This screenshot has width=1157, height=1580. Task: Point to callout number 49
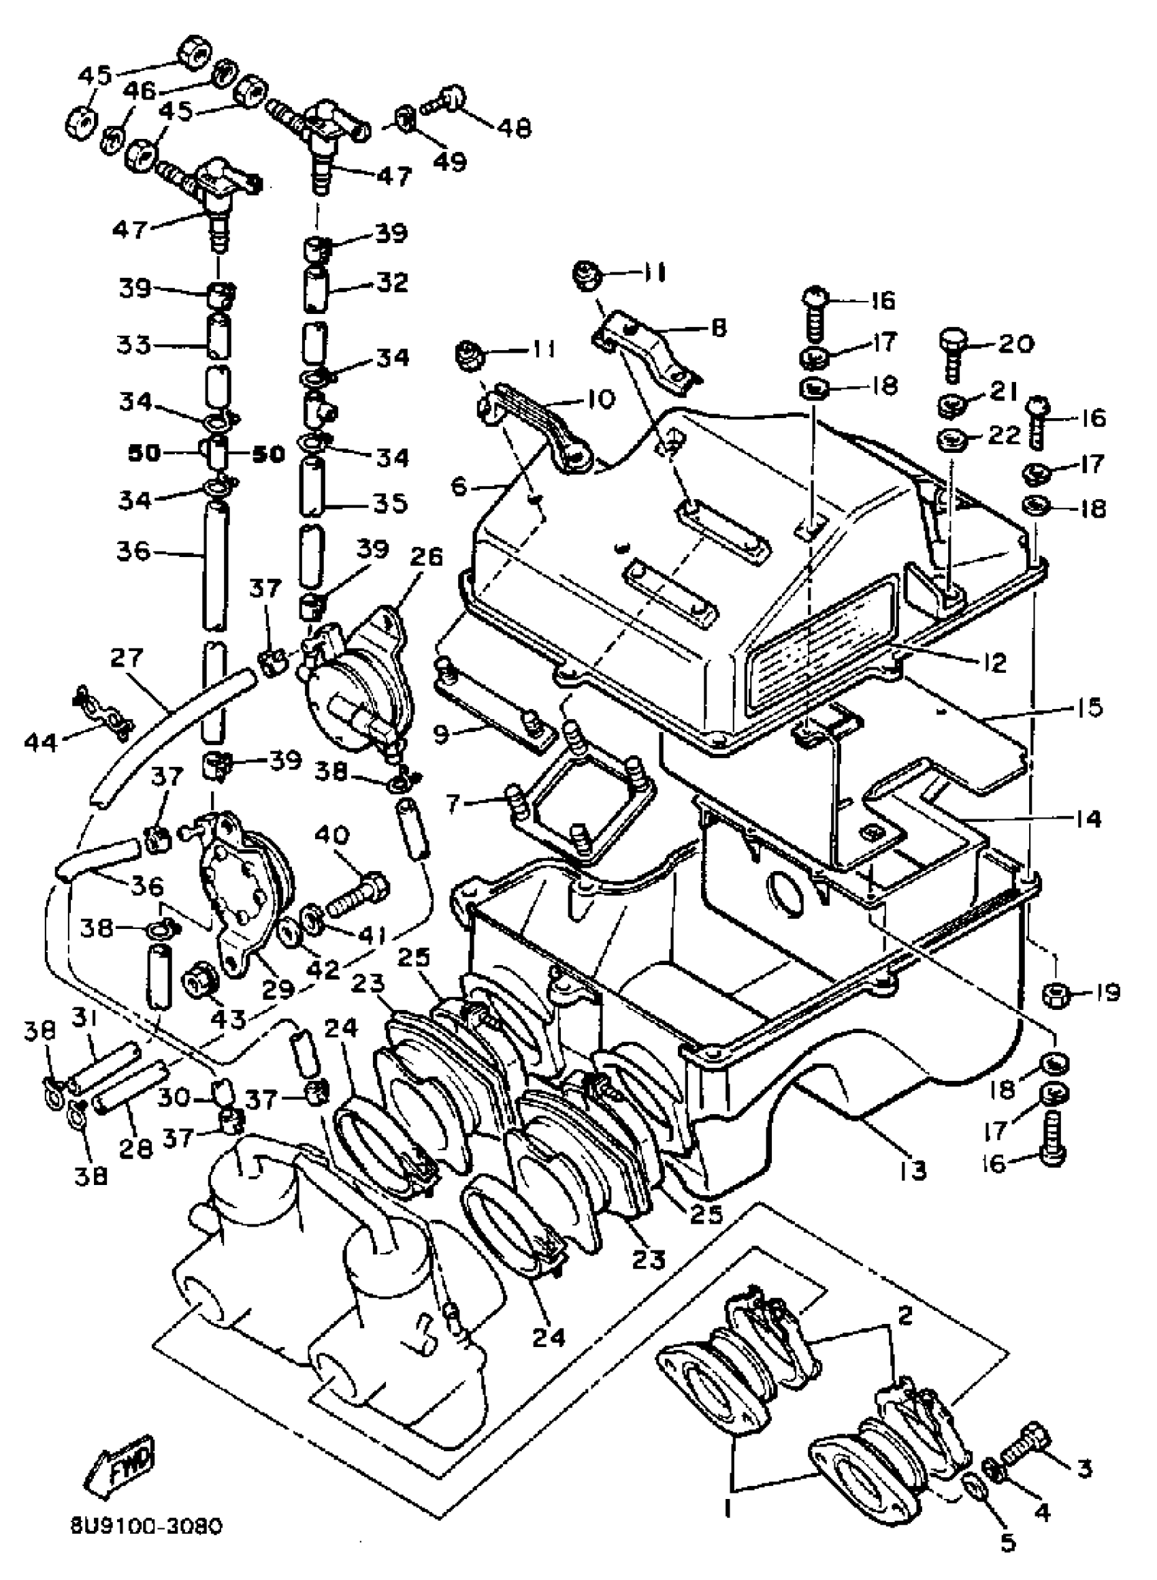click(x=449, y=162)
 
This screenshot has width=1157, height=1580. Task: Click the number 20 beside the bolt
click(x=1015, y=343)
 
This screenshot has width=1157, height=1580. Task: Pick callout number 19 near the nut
click(x=1106, y=993)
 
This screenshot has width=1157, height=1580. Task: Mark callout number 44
click(x=41, y=740)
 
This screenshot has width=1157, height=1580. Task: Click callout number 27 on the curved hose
click(x=127, y=658)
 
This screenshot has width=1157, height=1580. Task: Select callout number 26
click(x=427, y=557)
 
